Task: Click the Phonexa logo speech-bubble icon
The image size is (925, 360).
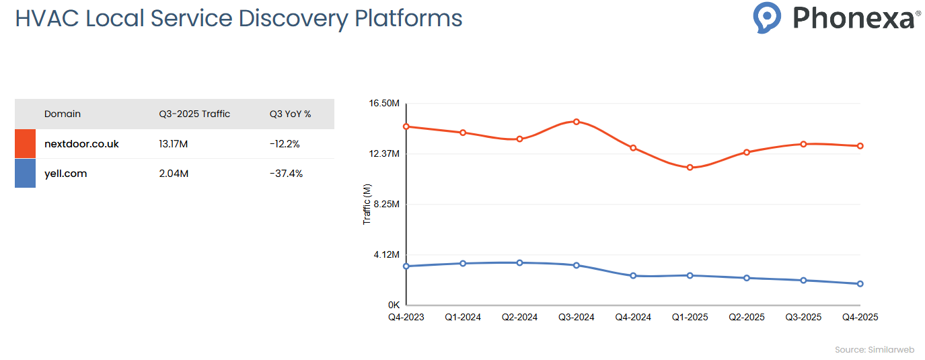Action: (x=767, y=17)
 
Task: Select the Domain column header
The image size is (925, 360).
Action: (x=63, y=114)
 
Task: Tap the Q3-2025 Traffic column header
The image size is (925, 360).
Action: (x=194, y=114)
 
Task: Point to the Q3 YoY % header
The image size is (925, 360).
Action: (x=290, y=114)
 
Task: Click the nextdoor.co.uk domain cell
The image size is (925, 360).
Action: (x=81, y=144)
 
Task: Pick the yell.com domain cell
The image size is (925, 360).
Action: (x=66, y=174)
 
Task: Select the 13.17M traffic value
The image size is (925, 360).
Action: (x=174, y=144)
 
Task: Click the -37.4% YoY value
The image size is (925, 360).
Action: (x=286, y=174)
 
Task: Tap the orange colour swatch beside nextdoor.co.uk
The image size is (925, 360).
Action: (x=25, y=144)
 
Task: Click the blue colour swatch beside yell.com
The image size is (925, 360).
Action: (x=25, y=174)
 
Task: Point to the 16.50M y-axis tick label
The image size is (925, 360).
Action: (x=384, y=104)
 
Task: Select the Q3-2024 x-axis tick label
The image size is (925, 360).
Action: (x=577, y=317)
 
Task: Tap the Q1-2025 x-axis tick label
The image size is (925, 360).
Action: (x=690, y=317)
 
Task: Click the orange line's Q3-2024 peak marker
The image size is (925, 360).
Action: (x=577, y=122)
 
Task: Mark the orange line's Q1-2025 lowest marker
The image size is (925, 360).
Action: (x=690, y=168)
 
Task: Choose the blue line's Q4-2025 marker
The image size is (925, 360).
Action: (x=860, y=284)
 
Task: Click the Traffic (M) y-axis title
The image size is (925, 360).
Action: (x=367, y=205)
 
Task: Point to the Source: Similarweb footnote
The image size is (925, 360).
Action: (x=874, y=350)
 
